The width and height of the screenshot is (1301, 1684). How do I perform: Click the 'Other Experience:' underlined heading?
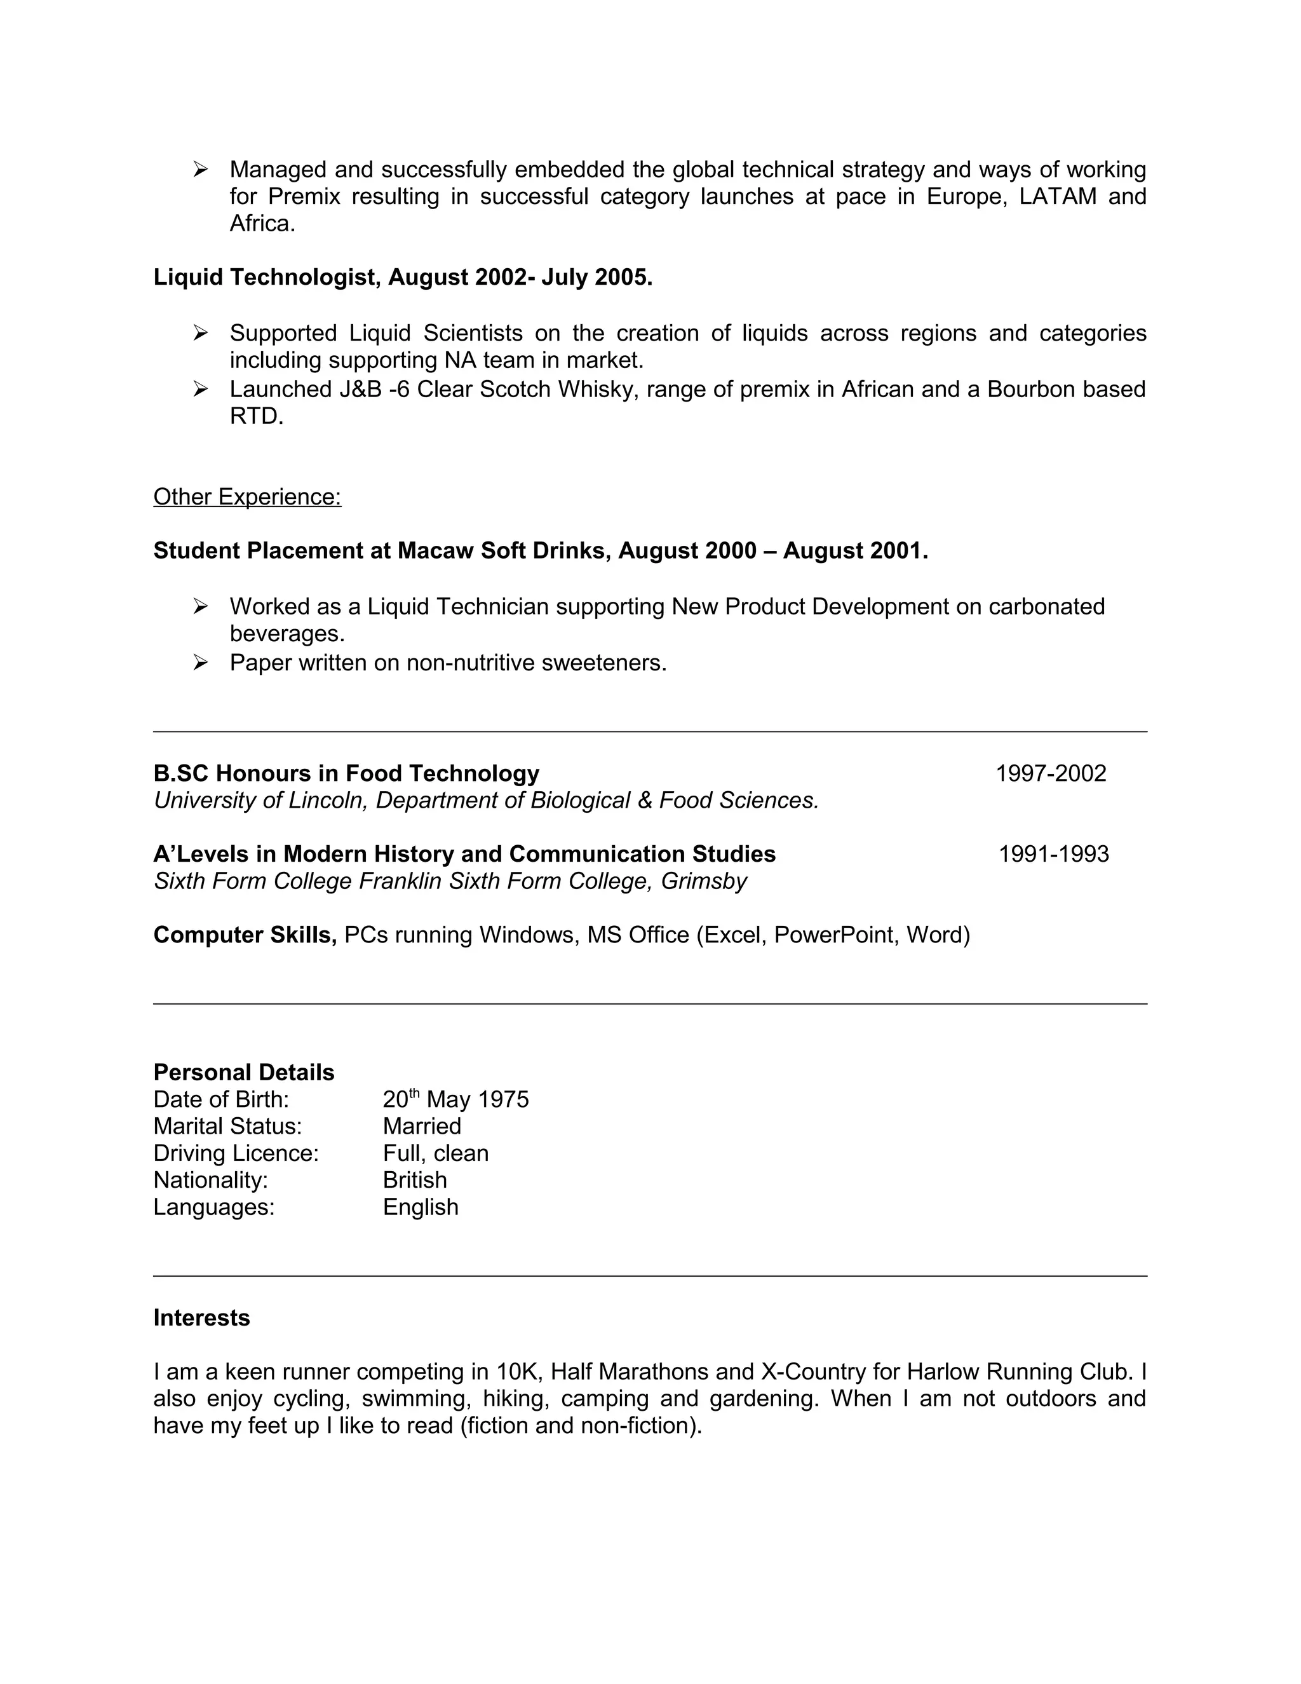[x=246, y=496]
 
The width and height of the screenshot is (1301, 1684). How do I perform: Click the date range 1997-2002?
[x=1051, y=773]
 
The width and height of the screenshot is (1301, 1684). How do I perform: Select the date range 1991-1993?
[x=1054, y=854]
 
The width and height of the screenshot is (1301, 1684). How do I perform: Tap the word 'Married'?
[x=422, y=1126]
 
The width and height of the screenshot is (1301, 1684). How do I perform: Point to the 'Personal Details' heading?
[x=243, y=1073]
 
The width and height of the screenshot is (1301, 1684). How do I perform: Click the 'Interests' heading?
[x=201, y=1318]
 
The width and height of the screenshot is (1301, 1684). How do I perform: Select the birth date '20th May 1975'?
[x=455, y=1099]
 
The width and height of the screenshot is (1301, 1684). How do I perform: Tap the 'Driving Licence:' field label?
[x=236, y=1153]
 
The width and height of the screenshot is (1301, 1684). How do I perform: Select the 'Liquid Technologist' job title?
[x=267, y=278]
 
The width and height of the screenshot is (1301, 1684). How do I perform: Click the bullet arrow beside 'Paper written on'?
[x=200, y=662]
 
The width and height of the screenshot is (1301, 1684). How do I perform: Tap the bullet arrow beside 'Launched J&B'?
[x=200, y=390]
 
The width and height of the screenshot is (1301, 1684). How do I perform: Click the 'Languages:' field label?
[x=213, y=1207]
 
